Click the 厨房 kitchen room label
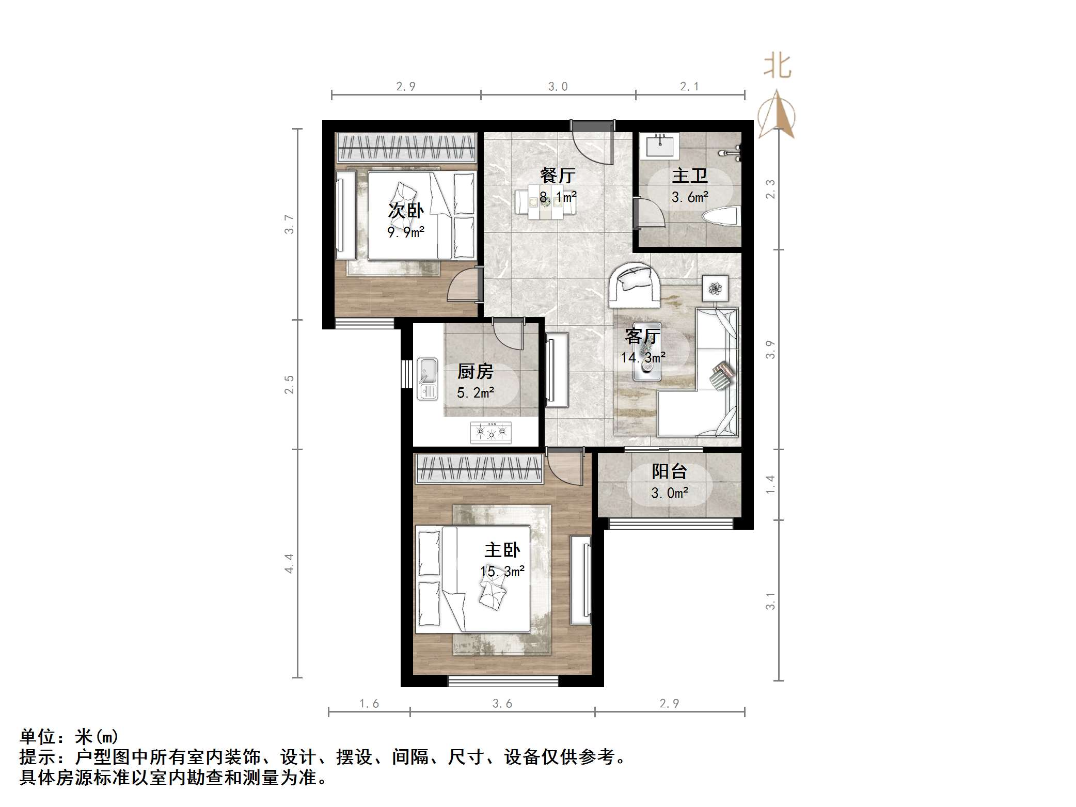475,371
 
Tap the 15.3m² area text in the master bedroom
502,572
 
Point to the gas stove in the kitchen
490,432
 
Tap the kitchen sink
428,379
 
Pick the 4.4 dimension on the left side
289,563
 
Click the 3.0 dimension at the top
558,87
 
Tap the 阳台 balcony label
669,471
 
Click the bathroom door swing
650,213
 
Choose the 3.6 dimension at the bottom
502,703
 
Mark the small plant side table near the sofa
715,288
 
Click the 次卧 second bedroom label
406,211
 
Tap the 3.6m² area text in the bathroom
690,197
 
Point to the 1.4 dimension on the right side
770,484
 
